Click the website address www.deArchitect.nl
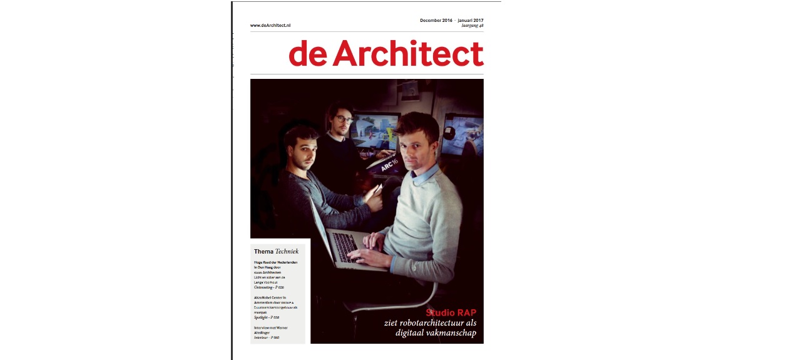pos(270,26)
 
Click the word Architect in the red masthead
pos(408,54)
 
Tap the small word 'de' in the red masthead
pos(308,55)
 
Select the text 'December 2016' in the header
pos(436,20)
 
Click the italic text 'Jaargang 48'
pos(472,26)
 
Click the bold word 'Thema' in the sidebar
pos(263,251)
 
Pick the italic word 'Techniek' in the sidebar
pos(287,251)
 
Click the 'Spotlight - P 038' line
pos(267,317)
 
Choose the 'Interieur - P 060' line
pos(267,337)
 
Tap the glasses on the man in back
pos(343,118)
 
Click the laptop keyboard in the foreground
pos(346,246)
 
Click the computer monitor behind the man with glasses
pos(375,132)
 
